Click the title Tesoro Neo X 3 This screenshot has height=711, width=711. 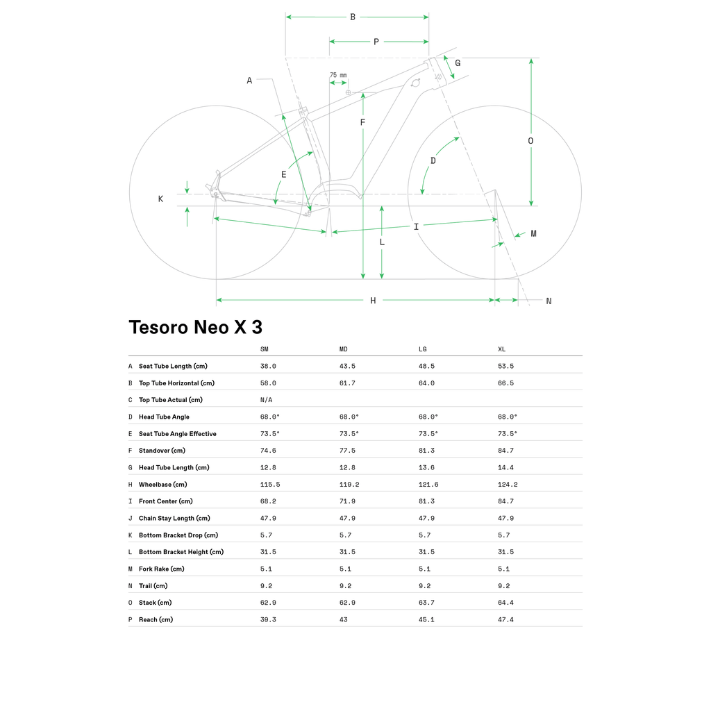(x=195, y=328)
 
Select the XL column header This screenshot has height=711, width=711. (x=501, y=349)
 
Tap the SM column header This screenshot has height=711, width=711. (x=265, y=349)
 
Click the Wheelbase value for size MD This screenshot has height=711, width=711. (x=349, y=484)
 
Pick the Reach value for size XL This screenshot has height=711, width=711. (x=505, y=619)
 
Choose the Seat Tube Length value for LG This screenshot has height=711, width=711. (x=426, y=366)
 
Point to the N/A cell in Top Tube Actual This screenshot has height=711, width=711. (x=266, y=400)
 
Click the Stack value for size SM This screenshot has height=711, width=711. (x=268, y=603)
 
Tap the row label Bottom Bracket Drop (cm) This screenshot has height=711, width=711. (x=178, y=535)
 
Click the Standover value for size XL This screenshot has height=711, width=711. (x=505, y=450)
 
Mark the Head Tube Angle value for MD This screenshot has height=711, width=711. (x=349, y=417)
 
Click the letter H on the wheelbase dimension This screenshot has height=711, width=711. (x=373, y=300)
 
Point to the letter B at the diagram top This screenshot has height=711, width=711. (x=353, y=17)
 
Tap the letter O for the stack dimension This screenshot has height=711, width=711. (x=530, y=140)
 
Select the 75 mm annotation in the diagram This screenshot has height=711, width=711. (x=338, y=75)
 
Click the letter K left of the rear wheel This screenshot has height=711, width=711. (x=160, y=199)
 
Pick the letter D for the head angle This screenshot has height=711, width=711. (x=433, y=160)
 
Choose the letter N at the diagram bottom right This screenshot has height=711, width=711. (x=549, y=301)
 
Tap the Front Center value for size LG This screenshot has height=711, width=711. (x=426, y=501)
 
